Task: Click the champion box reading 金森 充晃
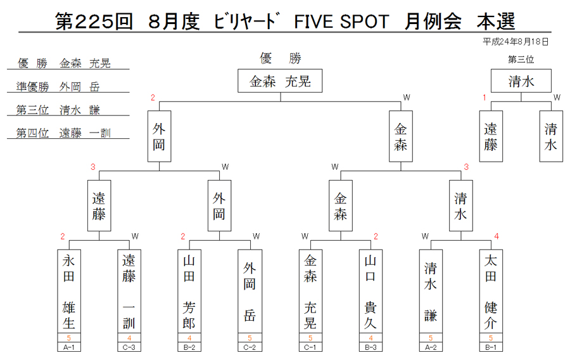(x=280, y=80)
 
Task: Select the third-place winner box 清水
(x=521, y=80)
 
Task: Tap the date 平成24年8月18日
(x=516, y=42)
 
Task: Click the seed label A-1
(x=68, y=347)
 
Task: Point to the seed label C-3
(x=129, y=347)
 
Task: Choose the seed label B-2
(x=189, y=347)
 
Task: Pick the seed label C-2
(x=250, y=347)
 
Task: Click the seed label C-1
(x=310, y=347)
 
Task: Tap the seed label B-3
(x=370, y=347)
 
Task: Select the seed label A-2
(x=431, y=347)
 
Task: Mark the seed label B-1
(x=491, y=347)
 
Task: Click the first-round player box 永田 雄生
(x=68, y=292)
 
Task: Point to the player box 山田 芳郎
(x=189, y=292)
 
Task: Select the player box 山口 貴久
(x=370, y=292)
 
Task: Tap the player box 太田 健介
(x=491, y=292)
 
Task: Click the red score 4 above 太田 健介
(x=496, y=236)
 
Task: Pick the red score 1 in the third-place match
(x=484, y=98)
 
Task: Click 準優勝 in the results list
(x=32, y=87)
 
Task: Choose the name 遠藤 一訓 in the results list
(x=85, y=133)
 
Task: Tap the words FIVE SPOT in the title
(x=341, y=22)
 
